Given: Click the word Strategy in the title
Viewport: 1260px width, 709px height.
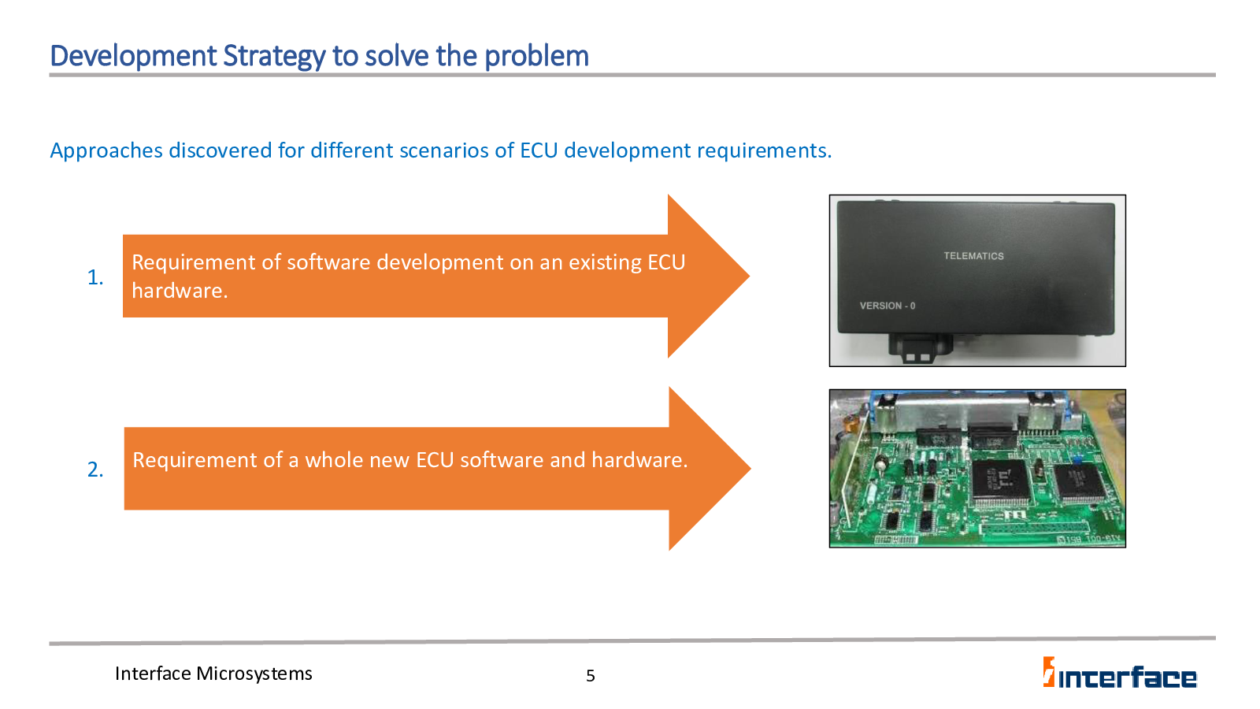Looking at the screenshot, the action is (274, 57).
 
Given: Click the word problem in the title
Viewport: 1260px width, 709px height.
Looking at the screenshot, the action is (536, 56).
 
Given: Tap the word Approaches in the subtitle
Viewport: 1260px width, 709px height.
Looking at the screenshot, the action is (106, 151).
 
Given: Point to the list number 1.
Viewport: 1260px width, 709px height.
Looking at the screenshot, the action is (95, 277).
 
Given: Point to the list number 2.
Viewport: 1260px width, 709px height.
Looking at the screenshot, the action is (95, 470).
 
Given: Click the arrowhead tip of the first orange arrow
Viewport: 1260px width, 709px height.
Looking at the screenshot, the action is (749, 277).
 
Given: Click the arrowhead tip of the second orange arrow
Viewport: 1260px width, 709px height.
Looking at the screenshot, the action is (750, 468).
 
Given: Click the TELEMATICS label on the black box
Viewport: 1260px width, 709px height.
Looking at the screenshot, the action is (973, 256).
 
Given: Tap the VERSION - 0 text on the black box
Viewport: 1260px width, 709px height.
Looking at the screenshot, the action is (887, 306).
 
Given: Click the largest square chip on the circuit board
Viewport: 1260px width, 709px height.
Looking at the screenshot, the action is (1001, 481).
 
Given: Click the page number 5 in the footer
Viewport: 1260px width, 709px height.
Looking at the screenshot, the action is (590, 676).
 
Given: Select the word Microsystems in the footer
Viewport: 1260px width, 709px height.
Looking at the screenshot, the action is (254, 674).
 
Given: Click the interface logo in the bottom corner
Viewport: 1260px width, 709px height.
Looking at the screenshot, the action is (1119, 673).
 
